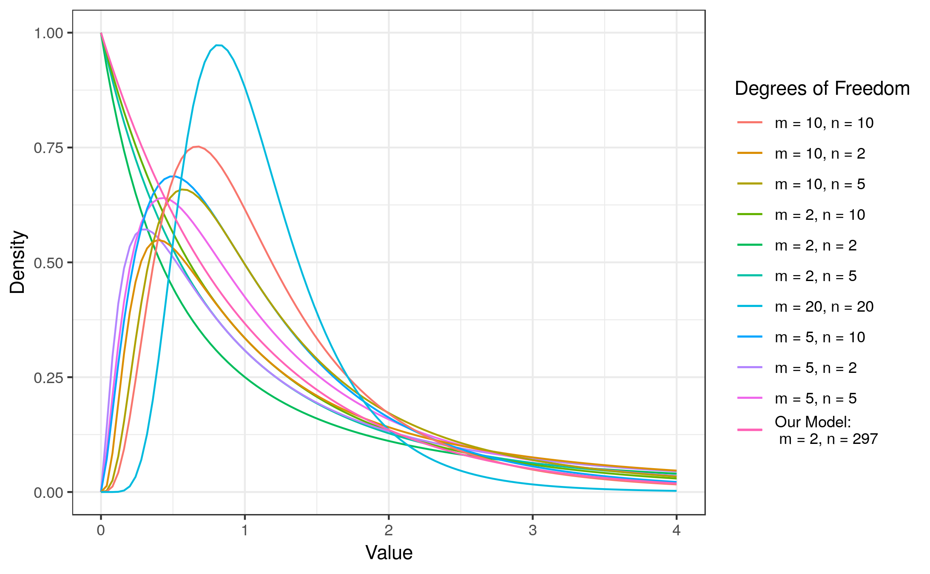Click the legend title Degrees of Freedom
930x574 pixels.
[x=822, y=88]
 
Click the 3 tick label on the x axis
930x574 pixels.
[x=532, y=530]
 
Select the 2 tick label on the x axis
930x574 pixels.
[x=388, y=530]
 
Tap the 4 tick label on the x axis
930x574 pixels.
[x=676, y=530]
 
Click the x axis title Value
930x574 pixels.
[x=389, y=553]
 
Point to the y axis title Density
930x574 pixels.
[x=18, y=262]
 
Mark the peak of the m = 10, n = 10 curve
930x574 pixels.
[x=198, y=147]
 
